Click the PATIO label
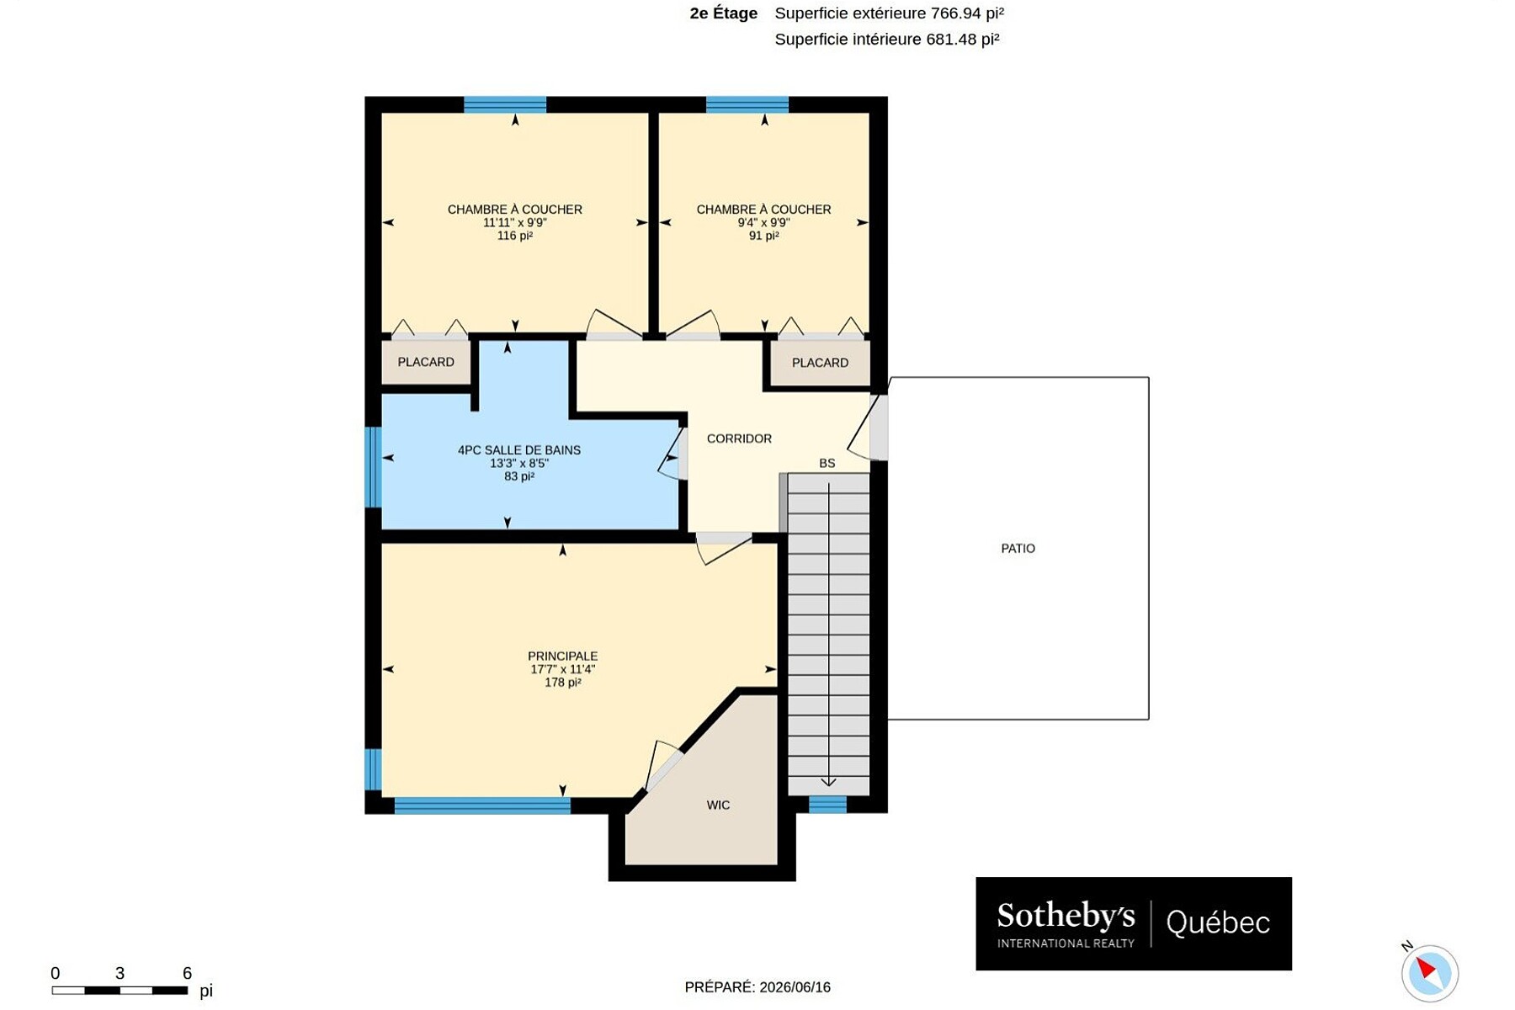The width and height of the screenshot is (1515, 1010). tap(1018, 549)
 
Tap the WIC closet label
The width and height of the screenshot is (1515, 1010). tap(718, 805)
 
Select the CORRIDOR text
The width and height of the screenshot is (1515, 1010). tap(739, 439)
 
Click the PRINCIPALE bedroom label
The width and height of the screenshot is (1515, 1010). tap(562, 656)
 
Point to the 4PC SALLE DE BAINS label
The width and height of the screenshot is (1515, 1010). tap(519, 450)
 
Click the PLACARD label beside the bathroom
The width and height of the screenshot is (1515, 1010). tap(426, 362)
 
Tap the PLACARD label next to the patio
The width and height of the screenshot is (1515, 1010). tap(820, 363)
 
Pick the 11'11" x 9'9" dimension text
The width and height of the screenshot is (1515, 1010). tap(515, 223)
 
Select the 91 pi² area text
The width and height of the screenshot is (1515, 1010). tap(763, 237)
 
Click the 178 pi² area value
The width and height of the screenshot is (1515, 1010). tap(562, 683)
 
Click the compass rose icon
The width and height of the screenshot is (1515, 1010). tap(1429, 973)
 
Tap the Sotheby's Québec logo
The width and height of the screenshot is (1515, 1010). tap(1134, 923)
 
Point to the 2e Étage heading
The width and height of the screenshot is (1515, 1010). tap(723, 13)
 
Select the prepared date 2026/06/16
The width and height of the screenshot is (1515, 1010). tap(795, 987)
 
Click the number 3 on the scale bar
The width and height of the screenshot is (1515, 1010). tap(120, 974)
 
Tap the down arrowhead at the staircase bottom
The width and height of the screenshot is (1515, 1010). tap(828, 782)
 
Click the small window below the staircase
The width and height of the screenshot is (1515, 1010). tap(827, 805)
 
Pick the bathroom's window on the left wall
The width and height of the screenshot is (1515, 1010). tap(373, 467)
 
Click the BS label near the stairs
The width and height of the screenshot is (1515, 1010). tap(827, 464)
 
